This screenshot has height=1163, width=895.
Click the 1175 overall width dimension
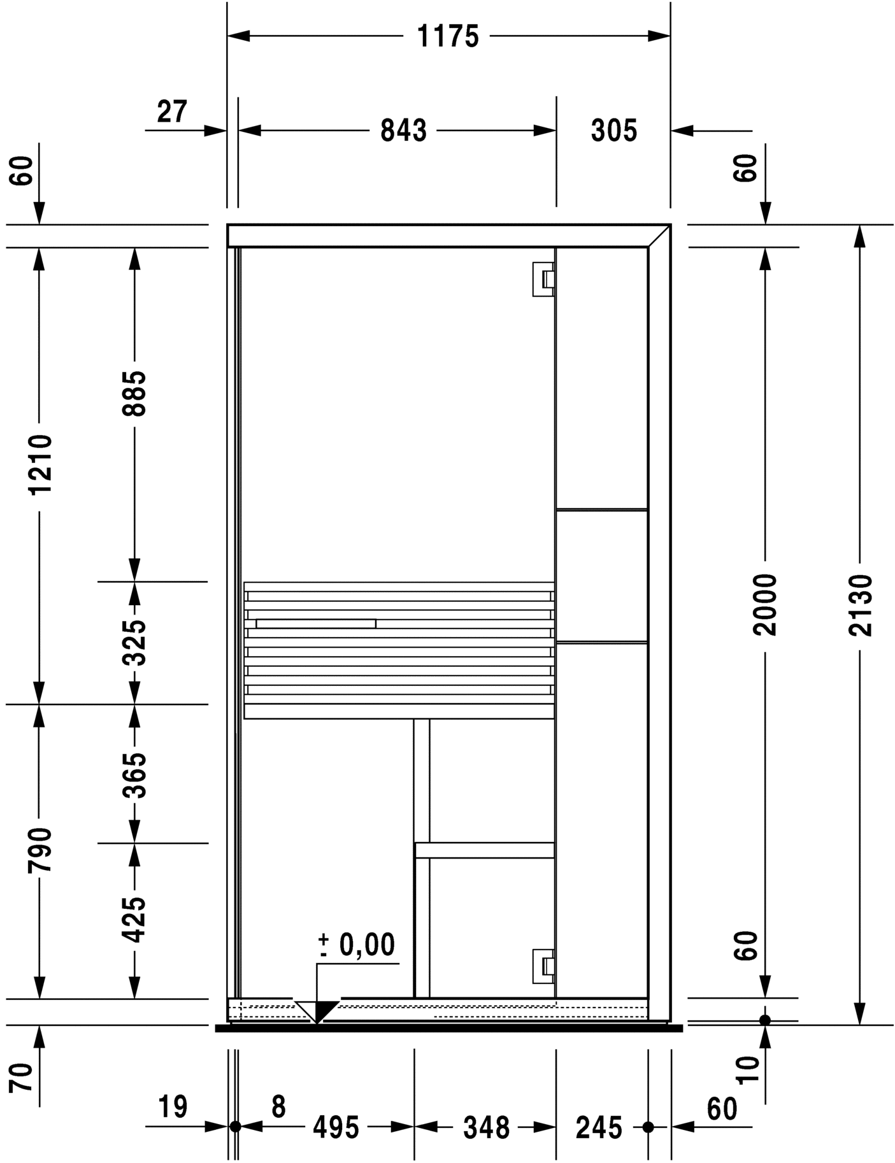(447, 36)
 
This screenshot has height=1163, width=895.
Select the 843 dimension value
(403, 131)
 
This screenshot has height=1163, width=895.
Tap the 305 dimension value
(613, 131)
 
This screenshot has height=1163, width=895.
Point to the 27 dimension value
(172, 112)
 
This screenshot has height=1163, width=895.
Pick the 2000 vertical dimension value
(764, 605)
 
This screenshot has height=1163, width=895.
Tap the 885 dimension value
(134, 394)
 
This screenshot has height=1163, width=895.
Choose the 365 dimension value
(134, 775)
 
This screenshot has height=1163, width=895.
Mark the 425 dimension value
(134, 920)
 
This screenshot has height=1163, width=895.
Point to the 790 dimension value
(39, 850)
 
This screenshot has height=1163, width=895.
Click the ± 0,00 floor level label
(357, 945)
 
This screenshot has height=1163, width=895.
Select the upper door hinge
(543, 278)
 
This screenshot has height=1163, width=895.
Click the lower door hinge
(543, 966)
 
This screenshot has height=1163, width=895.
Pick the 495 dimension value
(336, 1128)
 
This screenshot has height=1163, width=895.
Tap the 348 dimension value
(486, 1128)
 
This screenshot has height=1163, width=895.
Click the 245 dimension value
(599, 1128)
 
